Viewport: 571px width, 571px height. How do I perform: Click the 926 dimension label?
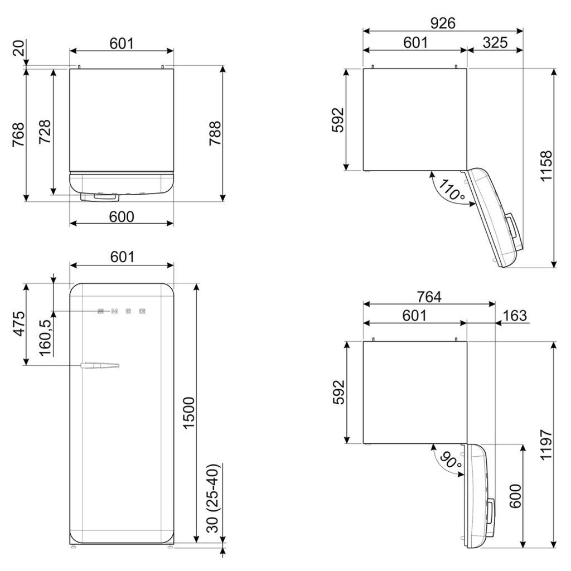pos(443,23)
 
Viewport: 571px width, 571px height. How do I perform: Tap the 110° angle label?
pos(451,190)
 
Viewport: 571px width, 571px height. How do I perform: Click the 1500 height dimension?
pos(188,413)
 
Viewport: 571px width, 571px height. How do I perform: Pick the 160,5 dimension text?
pos(45,335)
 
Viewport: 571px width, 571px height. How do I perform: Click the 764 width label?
pos(429,297)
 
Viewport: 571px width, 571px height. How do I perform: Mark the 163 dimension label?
pos(514,316)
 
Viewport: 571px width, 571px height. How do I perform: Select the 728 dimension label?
pos(45,132)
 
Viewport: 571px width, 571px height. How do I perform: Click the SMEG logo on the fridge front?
pos(122,311)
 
